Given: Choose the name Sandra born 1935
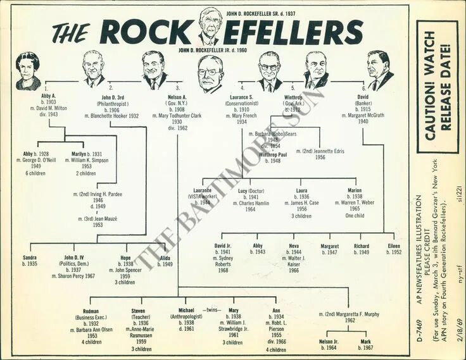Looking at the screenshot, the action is pos(29,258).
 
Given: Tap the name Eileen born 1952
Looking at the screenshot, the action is pos(394,245).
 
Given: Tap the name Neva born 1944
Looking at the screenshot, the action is pos(294,245).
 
